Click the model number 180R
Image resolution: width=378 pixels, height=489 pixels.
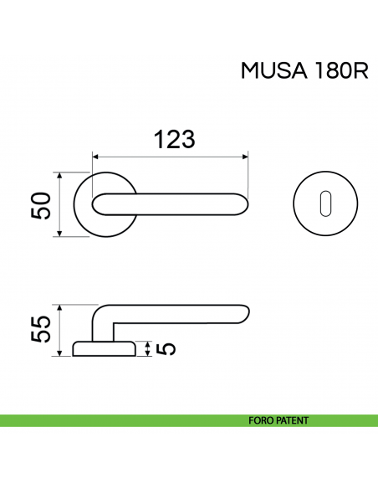click(340, 71)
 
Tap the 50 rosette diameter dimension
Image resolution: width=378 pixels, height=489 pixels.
click(42, 205)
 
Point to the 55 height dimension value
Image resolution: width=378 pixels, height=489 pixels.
click(42, 330)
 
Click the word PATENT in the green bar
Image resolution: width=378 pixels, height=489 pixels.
click(294, 420)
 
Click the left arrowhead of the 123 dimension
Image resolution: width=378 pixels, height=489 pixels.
click(94, 156)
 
